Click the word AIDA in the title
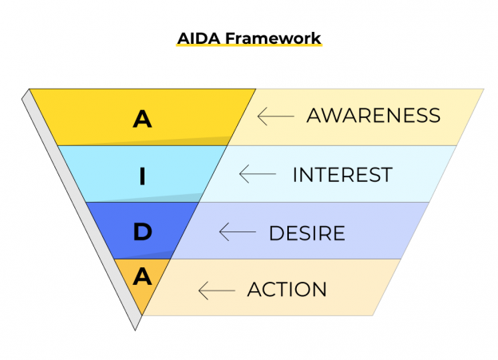pos(196,38)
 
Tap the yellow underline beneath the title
pos(248,47)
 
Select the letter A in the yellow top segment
pos(142,120)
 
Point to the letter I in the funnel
pos(142,176)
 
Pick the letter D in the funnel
pos(142,232)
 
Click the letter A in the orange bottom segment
pos(142,277)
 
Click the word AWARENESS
pos(373,116)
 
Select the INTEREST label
pos(342,174)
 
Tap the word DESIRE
pos(306,233)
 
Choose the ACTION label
pos(287,290)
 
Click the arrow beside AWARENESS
pos(275,117)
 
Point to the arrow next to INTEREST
pos(257,174)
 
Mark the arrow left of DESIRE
pos(237,233)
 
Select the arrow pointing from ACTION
pos(216,291)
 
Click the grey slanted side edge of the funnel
pos(80,208)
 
